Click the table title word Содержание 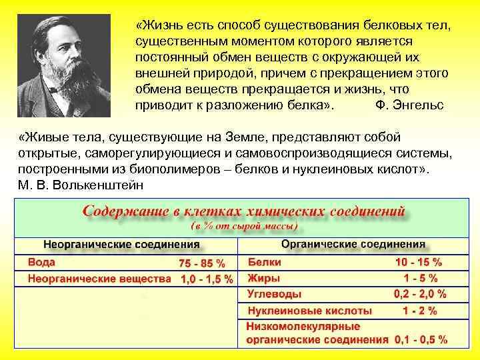[x=129, y=212]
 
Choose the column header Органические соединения [x=353, y=244]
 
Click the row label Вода [x=41, y=262]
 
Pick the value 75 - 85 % [x=202, y=263]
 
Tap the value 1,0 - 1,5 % [x=207, y=279]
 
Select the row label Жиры [x=264, y=278]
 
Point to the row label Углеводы [x=274, y=294]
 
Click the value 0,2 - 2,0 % [x=420, y=294]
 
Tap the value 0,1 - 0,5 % [x=421, y=339]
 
